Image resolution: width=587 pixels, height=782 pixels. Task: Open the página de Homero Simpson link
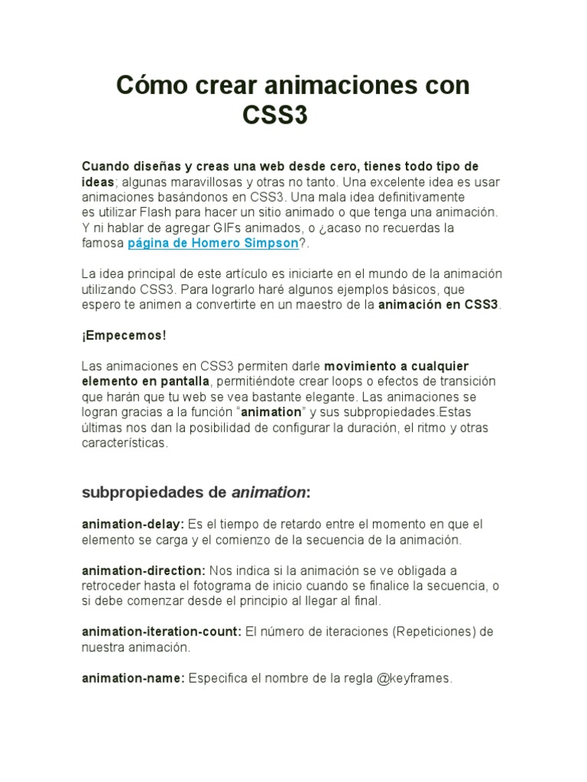(212, 244)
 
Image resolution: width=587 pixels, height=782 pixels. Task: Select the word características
(124, 444)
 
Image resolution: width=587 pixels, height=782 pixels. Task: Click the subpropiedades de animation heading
(196, 493)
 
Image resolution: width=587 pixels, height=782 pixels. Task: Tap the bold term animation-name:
(133, 678)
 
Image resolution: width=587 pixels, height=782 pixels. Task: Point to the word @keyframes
(414, 678)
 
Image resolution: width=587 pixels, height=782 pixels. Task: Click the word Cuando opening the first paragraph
(105, 166)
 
